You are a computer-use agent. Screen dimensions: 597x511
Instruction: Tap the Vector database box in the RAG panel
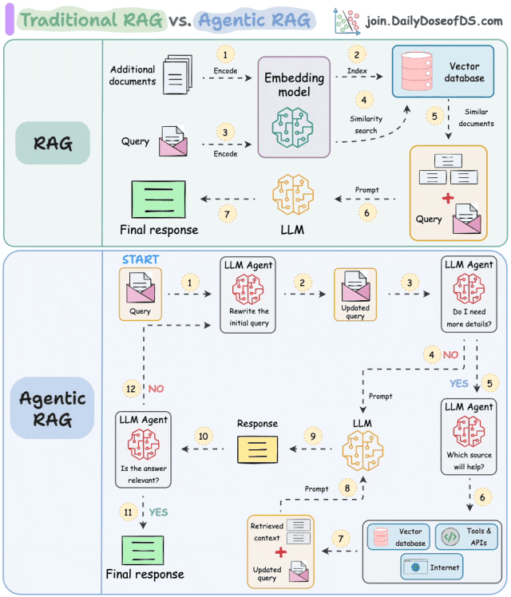443,71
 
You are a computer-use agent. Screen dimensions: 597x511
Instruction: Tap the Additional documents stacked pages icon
173,77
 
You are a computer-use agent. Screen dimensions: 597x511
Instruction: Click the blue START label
141,260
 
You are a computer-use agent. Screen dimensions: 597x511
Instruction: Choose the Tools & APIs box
467,537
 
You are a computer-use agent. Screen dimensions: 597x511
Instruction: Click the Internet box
432,567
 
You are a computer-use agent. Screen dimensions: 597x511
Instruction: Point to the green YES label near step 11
158,512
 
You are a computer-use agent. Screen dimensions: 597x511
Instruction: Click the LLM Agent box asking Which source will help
469,437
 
